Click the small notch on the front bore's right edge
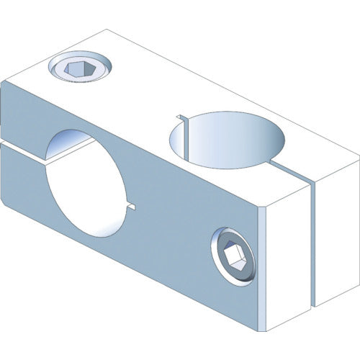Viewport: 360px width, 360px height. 131,207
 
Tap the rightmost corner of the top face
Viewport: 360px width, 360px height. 358,155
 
